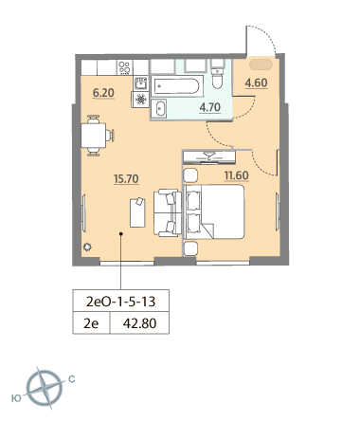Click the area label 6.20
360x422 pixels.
103,93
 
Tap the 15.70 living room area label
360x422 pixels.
126,179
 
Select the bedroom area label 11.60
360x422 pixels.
236,175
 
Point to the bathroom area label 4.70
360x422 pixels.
209,107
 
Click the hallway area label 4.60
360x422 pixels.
256,83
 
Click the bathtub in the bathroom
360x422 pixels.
177,85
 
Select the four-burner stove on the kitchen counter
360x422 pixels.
124,67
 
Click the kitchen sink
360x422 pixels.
140,83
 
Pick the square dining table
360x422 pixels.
93,136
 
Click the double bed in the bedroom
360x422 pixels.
214,211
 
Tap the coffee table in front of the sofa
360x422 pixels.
137,212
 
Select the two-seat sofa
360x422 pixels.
168,212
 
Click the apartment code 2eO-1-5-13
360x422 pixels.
121,302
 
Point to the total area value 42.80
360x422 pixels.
139,323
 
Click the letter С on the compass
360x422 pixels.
72,378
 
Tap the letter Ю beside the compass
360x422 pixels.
16,398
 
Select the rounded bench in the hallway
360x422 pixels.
261,64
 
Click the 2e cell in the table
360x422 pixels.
91,323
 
